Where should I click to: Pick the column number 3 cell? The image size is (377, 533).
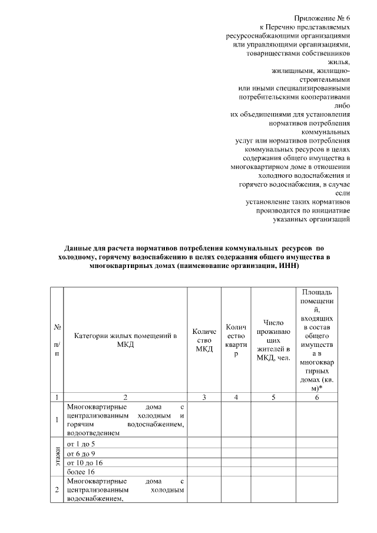tap(204, 398)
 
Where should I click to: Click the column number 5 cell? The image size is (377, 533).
tap(274, 398)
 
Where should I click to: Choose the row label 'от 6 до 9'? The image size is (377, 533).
tap(81, 453)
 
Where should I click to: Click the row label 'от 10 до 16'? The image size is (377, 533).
tap(84, 463)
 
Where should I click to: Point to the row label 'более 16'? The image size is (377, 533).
tap(81, 472)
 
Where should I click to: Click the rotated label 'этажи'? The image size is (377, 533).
tap(57, 458)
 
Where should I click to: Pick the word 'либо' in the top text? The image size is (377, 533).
tap(342, 105)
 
